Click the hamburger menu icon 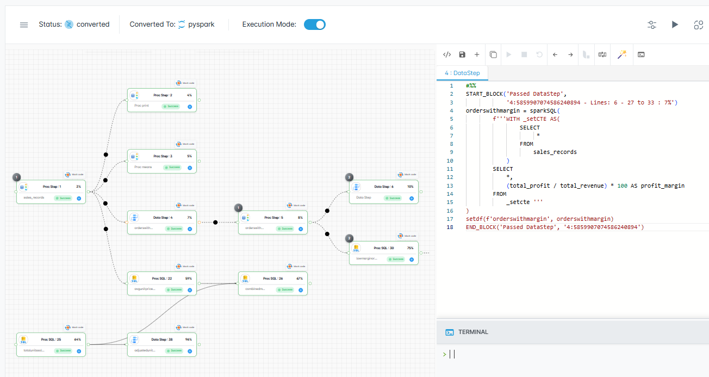[x=24, y=25]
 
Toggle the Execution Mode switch [x=314, y=24]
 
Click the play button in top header [x=675, y=24]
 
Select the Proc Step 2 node [x=161, y=100]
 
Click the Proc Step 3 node [x=161, y=161]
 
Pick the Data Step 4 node [x=161, y=223]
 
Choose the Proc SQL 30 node [x=383, y=253]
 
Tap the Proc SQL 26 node [x=272, y=283]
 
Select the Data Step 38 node [x=161, y=344]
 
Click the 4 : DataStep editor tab [x=462, y=72]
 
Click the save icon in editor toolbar [x=462, y=54]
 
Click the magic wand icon [x=622, y=54]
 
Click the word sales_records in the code [x=555, y=152]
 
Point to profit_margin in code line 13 [x=662, y=186]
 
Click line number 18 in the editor [x=450, y=227]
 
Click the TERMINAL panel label [x=473, y=332]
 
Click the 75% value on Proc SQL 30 [x=409, y=248]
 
